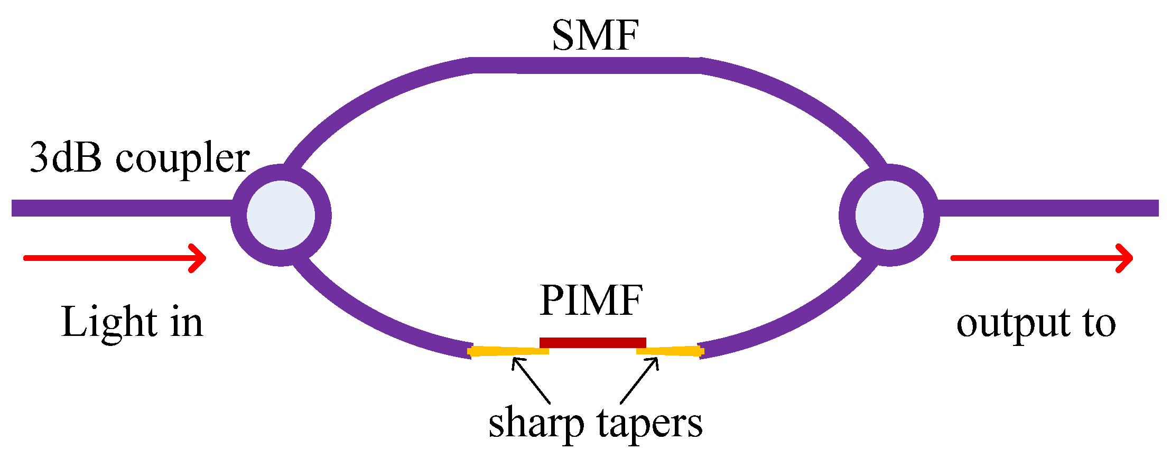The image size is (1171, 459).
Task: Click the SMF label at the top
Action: point(595,35)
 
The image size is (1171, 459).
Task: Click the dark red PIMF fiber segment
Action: point(592,343)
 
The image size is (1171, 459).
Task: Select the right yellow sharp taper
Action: point(670,351)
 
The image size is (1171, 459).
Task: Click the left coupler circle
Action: point(281,215)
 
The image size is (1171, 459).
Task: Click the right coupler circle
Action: point(889,215)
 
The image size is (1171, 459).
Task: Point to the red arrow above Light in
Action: point(115,258)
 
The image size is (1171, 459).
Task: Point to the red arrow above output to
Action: point(1042,258)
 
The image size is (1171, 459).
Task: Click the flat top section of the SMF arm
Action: point(585,65)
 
